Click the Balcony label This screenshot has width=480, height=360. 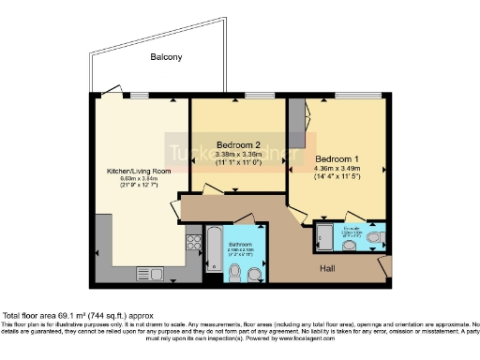tap(165, 58)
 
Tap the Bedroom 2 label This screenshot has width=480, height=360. tap(238, 144)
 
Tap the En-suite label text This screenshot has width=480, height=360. tap(351, 229)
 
